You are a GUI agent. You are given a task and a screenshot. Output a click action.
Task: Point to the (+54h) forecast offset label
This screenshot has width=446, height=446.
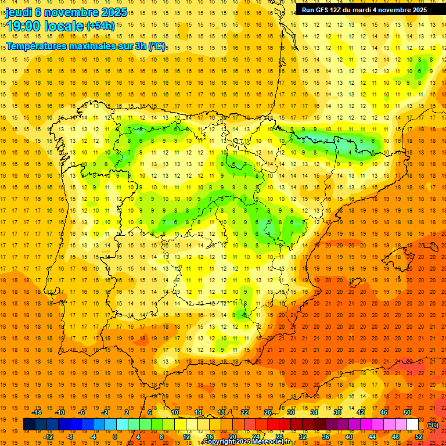point(100,26)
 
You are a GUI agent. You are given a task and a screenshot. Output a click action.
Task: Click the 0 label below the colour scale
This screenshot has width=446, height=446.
point(114,437)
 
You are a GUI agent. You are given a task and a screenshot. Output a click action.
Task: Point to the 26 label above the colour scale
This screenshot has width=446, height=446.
point(268,412)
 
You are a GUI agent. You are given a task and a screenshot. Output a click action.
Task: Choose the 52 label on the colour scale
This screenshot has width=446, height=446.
point(419,437)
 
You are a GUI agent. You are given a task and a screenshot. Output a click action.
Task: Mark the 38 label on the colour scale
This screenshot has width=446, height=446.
point(337,412)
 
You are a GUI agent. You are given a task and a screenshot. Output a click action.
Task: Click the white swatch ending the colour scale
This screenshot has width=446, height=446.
point(412,425)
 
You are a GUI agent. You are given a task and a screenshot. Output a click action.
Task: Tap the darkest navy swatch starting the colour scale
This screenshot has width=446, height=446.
point(29,425)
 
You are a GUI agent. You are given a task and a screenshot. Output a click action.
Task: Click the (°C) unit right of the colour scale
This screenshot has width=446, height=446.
point(433,425)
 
